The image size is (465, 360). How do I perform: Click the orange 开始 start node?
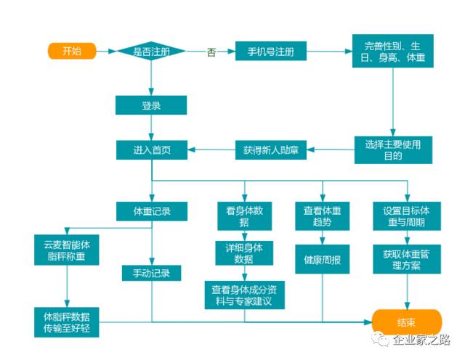click(72, 51)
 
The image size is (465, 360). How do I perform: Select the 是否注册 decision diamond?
click(151, 52)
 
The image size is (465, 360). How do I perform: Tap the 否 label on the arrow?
click(211, 53)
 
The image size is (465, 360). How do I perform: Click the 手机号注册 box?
click(271, 52)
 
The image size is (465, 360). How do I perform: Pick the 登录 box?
click(151, 105)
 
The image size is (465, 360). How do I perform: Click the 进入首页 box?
click(151, 150)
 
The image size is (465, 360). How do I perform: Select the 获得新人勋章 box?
click(271, 150)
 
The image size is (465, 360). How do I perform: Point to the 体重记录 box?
click(152, 210)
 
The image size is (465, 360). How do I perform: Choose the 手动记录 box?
click(151, 273)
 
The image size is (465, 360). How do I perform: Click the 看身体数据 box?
click(243, 216)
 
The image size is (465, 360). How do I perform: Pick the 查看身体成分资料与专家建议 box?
click(243, 293)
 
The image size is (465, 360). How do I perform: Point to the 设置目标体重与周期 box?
click(406, 216)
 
